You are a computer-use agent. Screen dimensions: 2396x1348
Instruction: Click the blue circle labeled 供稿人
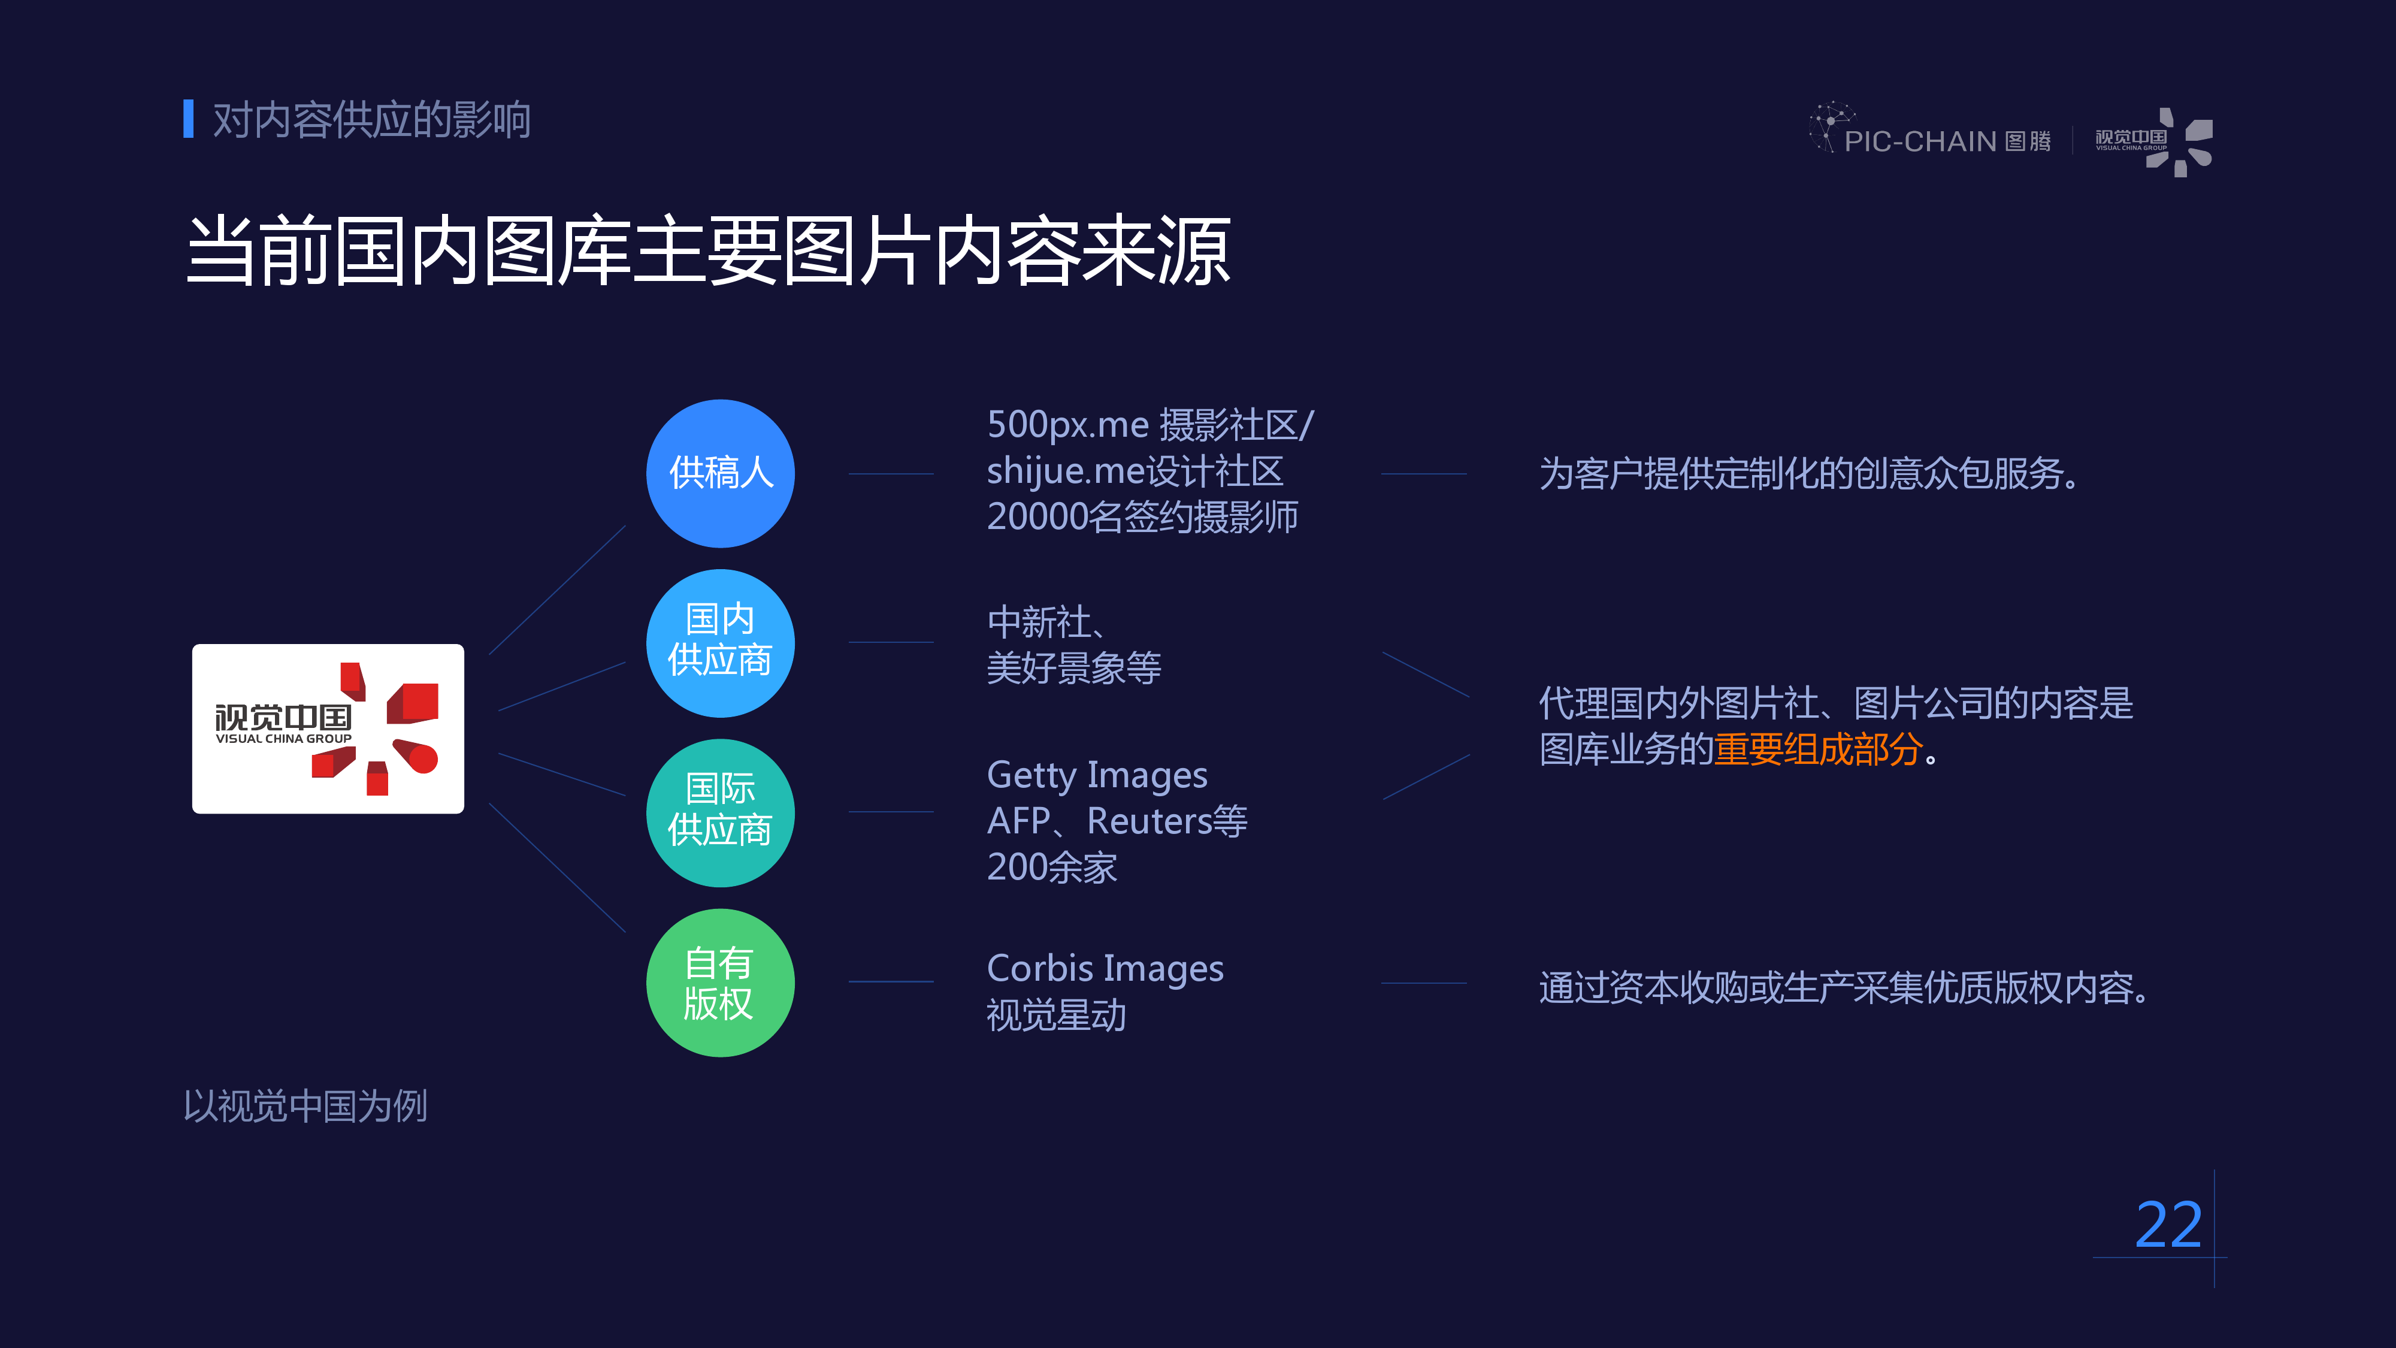point(720,473)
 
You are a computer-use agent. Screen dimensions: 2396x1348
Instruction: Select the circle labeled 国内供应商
point(720,643)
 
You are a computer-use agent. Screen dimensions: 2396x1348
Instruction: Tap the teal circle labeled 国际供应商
point(720,812)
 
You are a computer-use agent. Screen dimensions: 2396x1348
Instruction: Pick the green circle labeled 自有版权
point(720,983)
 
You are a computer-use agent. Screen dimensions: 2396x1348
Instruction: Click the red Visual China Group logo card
point(328,729)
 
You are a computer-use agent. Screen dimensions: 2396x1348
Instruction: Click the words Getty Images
point(1097,775)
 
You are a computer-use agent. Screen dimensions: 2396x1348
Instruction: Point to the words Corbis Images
point(1105,968)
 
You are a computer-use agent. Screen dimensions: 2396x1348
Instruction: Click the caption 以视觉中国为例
point(305,1106)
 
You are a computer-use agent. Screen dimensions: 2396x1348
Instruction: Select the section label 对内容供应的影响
point(371,120)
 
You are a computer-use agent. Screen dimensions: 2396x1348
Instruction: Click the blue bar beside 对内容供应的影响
point(189,119)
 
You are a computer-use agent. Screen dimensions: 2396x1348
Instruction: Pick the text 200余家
point(1052,867)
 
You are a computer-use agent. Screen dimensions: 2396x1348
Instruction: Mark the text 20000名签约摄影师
point(1142,517)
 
